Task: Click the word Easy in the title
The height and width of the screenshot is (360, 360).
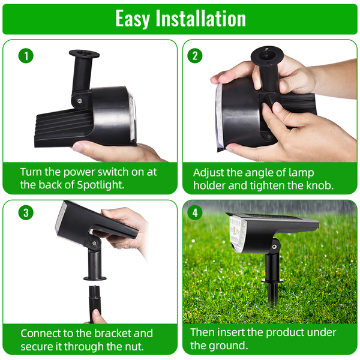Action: point(133,19)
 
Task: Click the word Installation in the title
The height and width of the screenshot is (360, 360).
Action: point(200,18)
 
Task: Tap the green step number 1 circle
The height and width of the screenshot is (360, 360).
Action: point(26,56)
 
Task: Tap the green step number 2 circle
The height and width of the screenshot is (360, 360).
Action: point(194,56)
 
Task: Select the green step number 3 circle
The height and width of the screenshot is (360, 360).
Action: point(26,212)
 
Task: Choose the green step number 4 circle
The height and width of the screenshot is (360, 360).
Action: point(194,212)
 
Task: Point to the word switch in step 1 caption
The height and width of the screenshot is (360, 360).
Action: point(110,172)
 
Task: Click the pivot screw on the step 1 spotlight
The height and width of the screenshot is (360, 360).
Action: point(80,101)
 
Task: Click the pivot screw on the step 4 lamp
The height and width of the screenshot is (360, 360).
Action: point(274,247)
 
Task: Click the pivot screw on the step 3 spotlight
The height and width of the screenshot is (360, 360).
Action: point(94,243)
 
